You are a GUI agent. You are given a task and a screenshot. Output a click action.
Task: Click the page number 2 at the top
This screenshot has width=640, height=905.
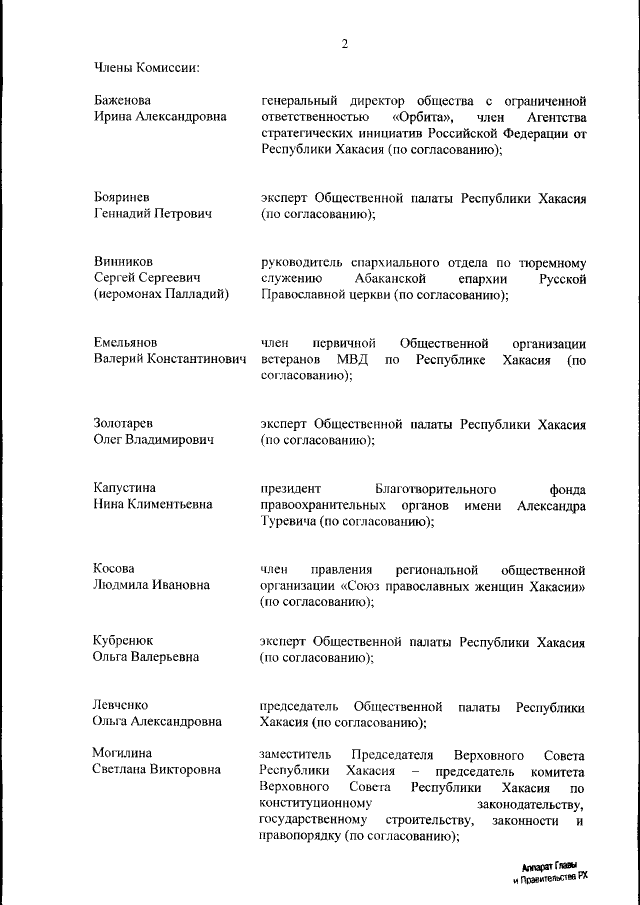click(x=344, y=44)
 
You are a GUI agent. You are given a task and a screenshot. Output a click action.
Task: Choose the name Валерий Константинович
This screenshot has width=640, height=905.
click(x=170, y=359)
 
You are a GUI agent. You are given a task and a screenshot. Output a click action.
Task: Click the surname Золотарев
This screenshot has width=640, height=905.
click(x=126, y=423)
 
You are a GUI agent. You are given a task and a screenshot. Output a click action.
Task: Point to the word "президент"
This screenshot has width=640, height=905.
click(x=291, y=489)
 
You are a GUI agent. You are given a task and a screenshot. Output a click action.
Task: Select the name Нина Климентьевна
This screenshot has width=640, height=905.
click(x=153, y=505)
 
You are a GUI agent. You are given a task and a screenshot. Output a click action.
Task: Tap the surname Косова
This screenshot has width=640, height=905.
click(x=115, y=569)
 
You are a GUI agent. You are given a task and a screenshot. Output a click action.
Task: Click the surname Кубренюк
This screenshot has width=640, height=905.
click(x=124, y=640)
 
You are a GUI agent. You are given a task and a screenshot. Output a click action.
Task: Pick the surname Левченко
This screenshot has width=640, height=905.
click(x=123, y=706)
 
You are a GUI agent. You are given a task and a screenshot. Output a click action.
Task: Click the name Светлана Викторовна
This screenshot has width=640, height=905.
click(x=156, y=770)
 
